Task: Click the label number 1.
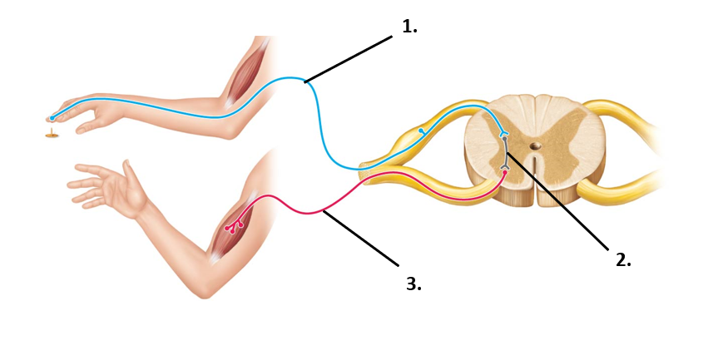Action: (409, 27)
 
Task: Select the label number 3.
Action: (413, 284)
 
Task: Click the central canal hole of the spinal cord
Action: (535, 146)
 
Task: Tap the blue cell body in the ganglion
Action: (422, 131)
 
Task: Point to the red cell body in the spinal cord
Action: (504, 173)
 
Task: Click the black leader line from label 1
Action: (348, 59)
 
